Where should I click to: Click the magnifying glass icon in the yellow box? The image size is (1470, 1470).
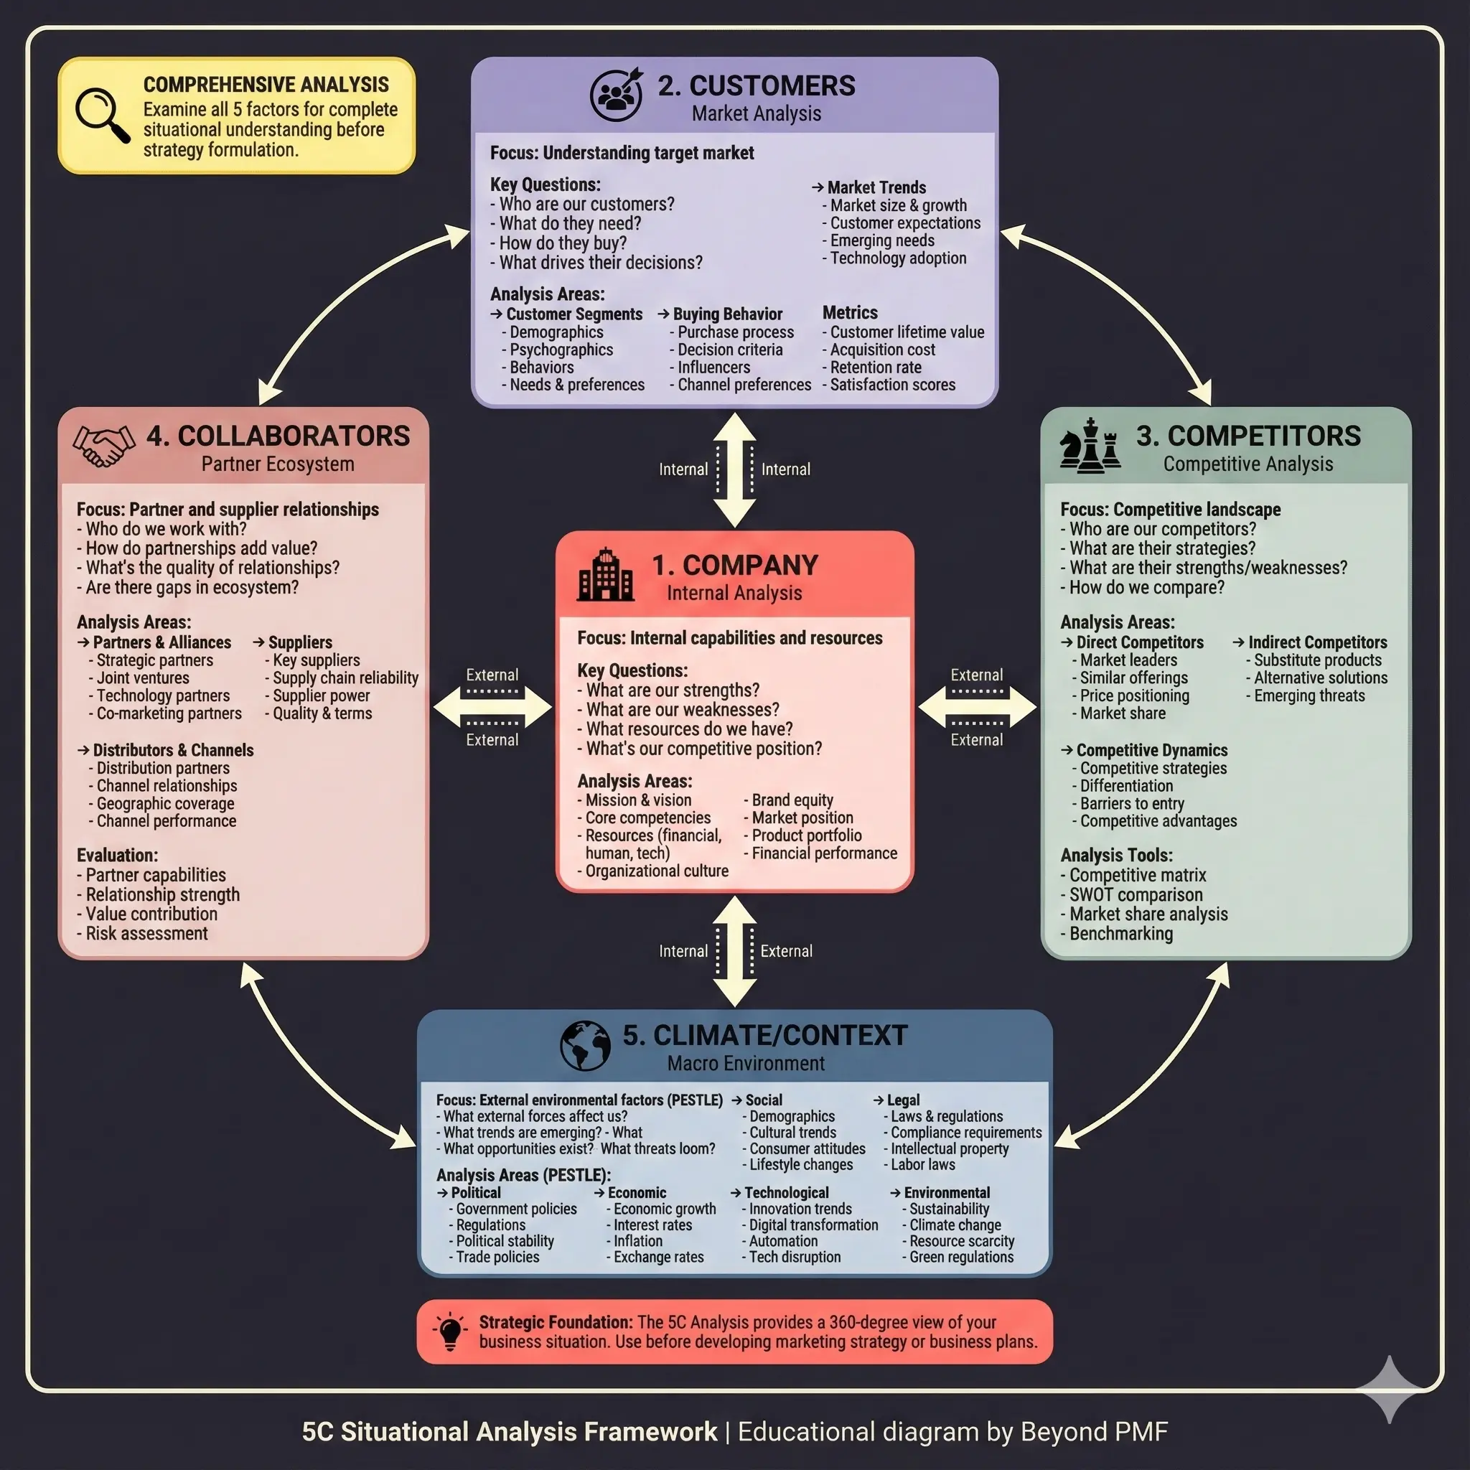click(102, 115)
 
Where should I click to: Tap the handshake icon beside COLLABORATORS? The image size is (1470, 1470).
click(103, 446)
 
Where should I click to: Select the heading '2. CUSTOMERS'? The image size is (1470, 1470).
click(757, 86)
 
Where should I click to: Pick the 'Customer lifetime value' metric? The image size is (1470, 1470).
click(907, 332)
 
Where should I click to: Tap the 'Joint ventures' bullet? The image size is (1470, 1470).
click(142, 678)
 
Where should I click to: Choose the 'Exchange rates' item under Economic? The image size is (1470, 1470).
click(658, 1257)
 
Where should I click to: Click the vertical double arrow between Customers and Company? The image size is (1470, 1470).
click(734, 469)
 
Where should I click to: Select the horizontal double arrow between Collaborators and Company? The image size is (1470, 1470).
click(492, 708)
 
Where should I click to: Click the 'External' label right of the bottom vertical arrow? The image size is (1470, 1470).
click(786, 951)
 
